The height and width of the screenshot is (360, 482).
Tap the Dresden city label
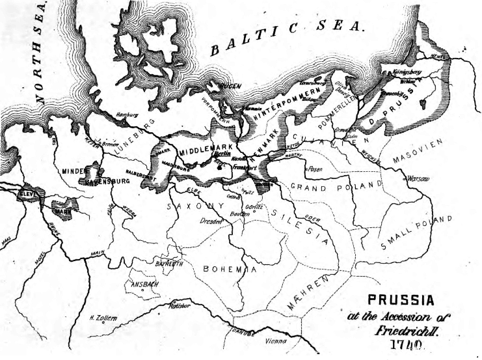coord(212,221)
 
